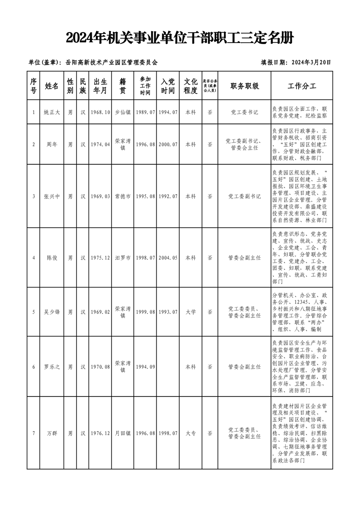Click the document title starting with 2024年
[x=180, y=38]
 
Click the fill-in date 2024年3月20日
[x=296, y=63]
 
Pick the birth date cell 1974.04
[x=100, y=144]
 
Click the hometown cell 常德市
[x=123, y=196]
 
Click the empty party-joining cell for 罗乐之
[x=168, y=366]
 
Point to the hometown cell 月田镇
[x=123, y=433]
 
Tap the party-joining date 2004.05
[x=168, y=258]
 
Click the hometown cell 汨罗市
[x=123, y=258]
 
